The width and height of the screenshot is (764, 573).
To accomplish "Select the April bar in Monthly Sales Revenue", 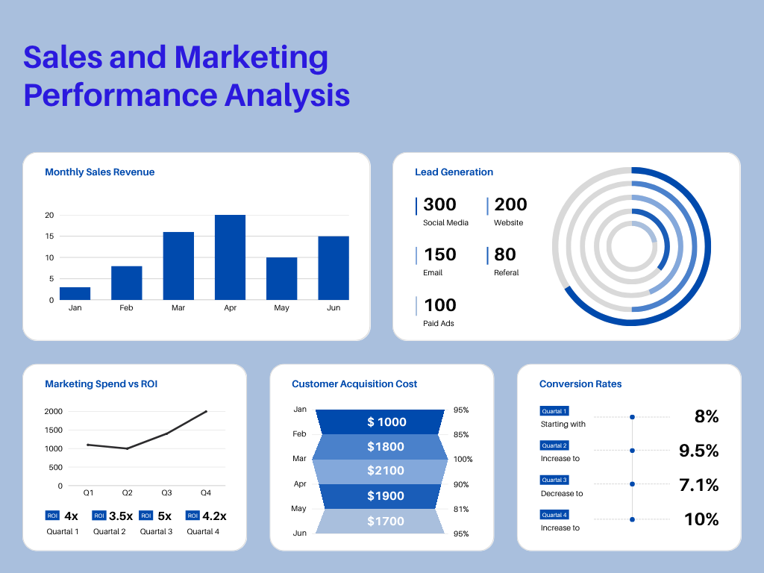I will pyautogui.click(x=230, y=257).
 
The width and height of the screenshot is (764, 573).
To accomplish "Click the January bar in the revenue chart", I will pyautogui.click(x=75, y=293).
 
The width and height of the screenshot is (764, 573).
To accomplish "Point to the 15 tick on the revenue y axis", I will pyautogui.click(x=50, y=237).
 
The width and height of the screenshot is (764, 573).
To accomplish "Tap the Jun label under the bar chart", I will pyautogui.click(x=333, y=307).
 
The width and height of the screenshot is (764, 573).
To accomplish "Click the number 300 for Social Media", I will pyautogui.click(x=439, y=204).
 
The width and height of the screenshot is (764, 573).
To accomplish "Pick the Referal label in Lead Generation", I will pyautogui.click(x=506, y=273).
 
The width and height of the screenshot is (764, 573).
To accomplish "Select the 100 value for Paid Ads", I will pyautogui.click(x=439, y=305).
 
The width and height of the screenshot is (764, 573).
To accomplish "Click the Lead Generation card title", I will pyautogui.click(x=454, y=172).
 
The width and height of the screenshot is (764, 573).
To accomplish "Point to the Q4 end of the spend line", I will pyautogui.click(x=206, y=411).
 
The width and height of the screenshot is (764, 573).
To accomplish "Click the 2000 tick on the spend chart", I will pyautogui.click(x=53, y=411).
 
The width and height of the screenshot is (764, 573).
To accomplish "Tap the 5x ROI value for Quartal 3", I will pyautogui.click(x=165, y=516).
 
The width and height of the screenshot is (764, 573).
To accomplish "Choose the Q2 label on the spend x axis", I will pyautogui.click(x=128, y=493).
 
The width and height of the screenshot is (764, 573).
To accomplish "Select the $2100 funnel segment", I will pyautogui.click(x=386, y=471).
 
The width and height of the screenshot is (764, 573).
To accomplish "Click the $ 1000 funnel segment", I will pyautogui.click(x=386, y=422).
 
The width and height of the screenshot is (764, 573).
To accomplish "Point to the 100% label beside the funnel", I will pyautogui.click(x=463, y=460).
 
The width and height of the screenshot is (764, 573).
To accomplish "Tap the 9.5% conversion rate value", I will pyautogui.click(x=698, y=451).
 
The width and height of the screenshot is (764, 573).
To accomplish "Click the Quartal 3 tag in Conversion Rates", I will pyautogui.click(x=554, y=480).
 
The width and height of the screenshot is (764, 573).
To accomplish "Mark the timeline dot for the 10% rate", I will pyautogui.click(x=632, y=519).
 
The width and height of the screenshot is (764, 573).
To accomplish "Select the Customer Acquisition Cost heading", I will pyautogui.click(x=354, y=384).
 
